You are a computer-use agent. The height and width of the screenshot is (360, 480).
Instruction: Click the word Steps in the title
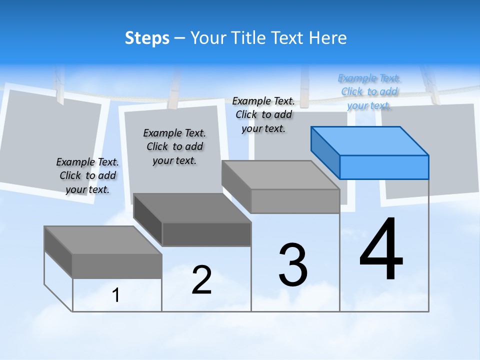click(x=147, y=38)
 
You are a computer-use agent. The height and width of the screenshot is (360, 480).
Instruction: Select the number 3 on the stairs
click(x=293, y=265)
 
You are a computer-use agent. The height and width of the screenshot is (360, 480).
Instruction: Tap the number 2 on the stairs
click(x=201, y=280)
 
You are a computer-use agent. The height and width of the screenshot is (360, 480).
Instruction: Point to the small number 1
click(x=116, y=295)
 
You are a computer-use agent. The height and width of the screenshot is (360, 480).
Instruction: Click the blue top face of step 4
click(x=370, y=140)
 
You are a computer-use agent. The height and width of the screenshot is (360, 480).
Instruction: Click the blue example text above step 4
click(x=369, y=91)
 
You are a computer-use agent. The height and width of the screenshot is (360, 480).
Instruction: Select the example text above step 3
click(x=263, y=114)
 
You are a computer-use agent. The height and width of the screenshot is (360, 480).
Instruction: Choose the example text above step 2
click(x=174, y=146)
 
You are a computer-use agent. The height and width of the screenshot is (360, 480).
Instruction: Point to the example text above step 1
click(x=87, y=175)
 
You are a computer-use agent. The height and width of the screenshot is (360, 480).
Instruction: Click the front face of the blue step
click(x=384, y=167)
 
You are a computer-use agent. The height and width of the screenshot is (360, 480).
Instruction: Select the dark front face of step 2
click(x=206, y=234)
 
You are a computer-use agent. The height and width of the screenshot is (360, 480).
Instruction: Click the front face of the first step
click(x=117, y=266)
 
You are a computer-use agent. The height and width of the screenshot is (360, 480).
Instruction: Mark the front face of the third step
click(x=295, y=201)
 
